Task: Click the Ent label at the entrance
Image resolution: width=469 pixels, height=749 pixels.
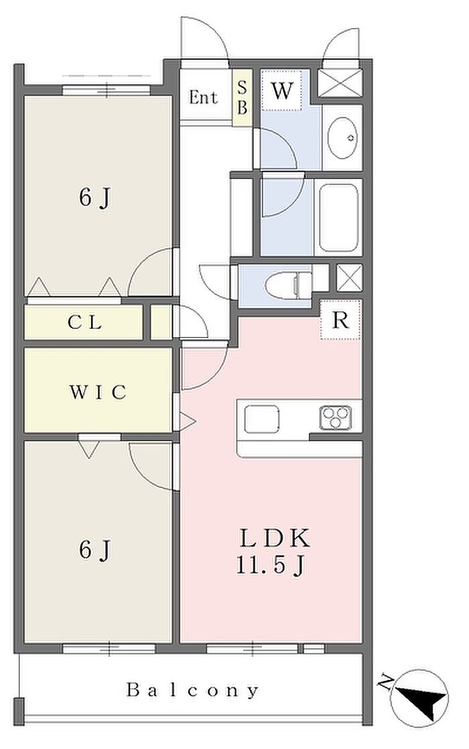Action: click(x=203, y=98)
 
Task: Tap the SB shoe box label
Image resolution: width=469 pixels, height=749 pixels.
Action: click(x=243, y=98)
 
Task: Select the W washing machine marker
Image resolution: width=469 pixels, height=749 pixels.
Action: click(x=282, y=92)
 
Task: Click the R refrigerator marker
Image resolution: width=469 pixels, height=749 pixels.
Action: click(x=341, y=320)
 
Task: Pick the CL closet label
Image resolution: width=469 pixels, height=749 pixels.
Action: click(x=85, y=323)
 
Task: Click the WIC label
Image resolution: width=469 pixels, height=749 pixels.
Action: click(x=98, y=392)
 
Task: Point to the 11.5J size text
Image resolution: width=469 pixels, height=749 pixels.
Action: click(x=271, y=565)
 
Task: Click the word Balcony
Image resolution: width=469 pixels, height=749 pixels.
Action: click(x=193, y=690)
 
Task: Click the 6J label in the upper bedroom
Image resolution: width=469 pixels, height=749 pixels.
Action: click(x=94, y=198)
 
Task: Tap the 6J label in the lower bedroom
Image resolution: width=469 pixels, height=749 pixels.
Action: click(x=94, y=550)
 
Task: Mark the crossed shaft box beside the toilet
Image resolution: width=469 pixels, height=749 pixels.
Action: click(x=348, y=278)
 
